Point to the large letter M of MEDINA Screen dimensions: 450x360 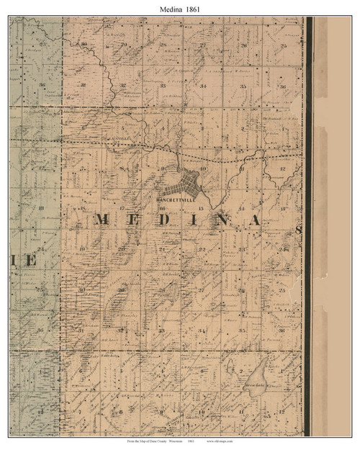101,220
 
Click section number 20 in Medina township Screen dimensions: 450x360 122,249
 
